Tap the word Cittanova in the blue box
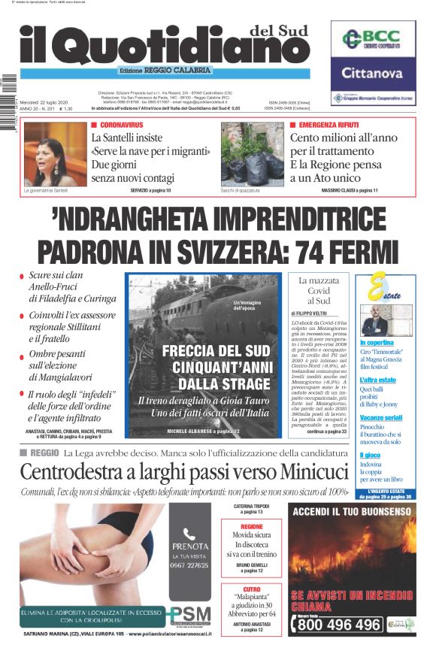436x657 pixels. pos(373,74)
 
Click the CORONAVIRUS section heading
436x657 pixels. pos(121,123)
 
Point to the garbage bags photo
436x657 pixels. pos(252,154)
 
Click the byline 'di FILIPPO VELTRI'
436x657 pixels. pos(311,313)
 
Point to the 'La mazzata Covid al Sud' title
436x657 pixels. pos(319,290)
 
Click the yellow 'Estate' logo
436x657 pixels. pos(384,292)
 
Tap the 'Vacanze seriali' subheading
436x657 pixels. pos(380,417)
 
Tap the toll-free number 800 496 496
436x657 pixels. pos(339,625)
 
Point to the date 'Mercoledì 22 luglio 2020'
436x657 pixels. pos(47,101)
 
